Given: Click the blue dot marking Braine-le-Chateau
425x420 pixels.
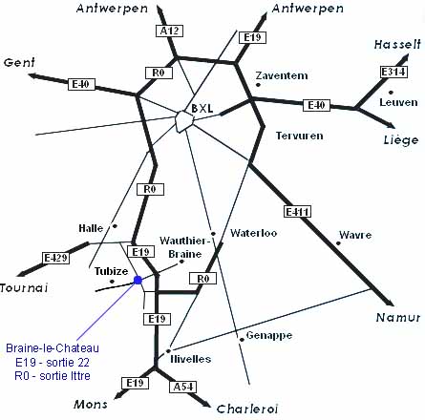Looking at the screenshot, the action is point(138,280).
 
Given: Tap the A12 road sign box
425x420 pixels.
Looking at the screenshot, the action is point(169,31).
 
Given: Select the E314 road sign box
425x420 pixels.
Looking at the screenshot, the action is point(393,72).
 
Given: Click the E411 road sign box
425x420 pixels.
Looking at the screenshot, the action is point(297,212).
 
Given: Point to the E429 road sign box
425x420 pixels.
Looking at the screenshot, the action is point(55,258).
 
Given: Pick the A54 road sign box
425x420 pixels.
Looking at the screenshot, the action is point(183,387).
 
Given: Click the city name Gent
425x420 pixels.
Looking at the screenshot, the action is point(19,63).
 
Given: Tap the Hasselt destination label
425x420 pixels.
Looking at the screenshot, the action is point(397,44).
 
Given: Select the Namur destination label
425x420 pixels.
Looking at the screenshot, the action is point(398,317).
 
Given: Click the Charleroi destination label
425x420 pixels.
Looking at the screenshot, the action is point(247,409).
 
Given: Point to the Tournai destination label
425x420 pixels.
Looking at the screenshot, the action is point(24,288).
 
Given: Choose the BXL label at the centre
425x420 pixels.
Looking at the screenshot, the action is point(202,109).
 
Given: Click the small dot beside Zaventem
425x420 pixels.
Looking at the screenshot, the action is point(258,85).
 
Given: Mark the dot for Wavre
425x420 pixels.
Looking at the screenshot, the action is point(338,243).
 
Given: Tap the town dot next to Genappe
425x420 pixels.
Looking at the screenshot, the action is point(242,340).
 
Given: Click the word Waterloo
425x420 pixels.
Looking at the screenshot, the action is point(254,233).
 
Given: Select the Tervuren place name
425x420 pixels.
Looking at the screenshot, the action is point(299,136).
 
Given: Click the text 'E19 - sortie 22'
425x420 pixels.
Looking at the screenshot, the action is point(53,362).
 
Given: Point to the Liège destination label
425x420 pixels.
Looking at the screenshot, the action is point(401,139).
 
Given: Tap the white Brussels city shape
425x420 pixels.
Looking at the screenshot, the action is point(184,121).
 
